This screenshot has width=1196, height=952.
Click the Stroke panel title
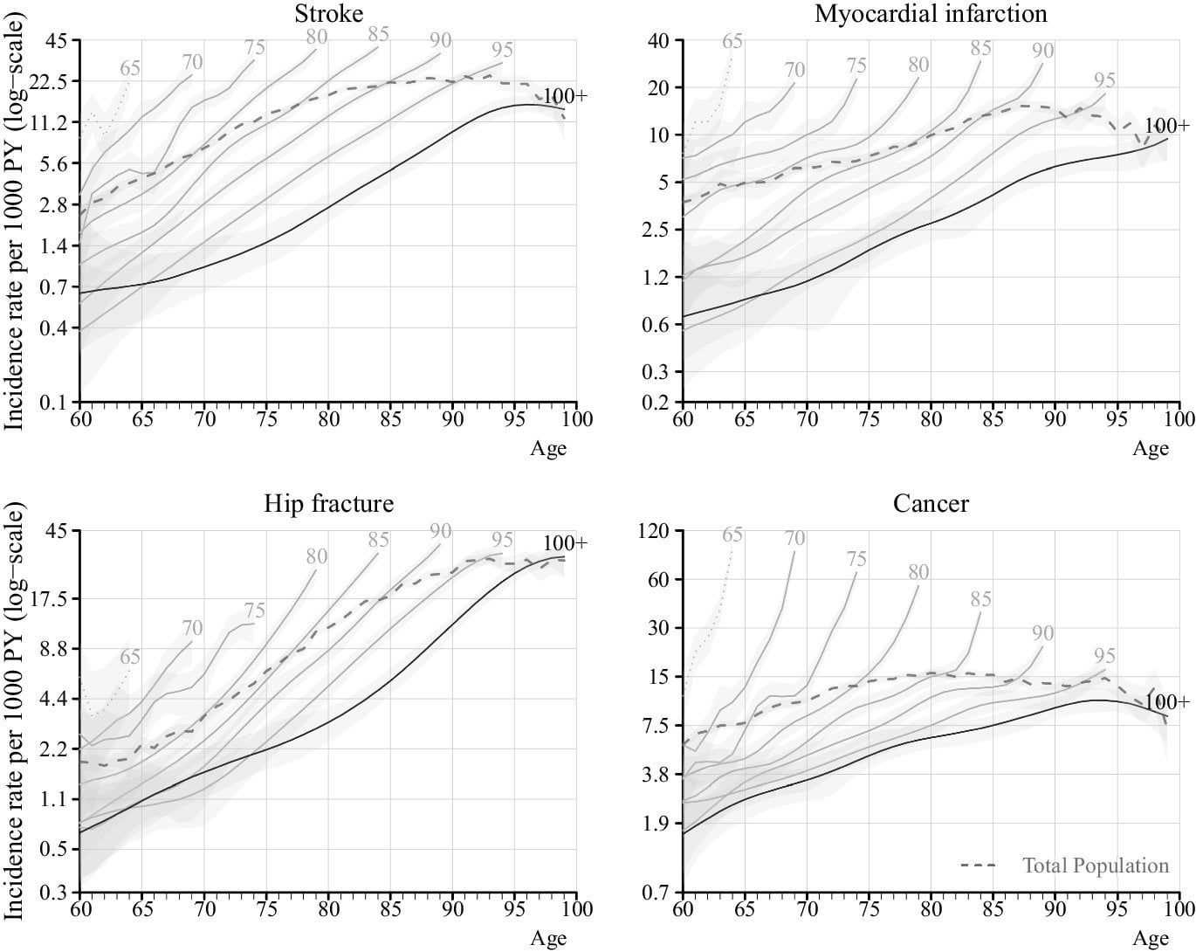click(328, 13)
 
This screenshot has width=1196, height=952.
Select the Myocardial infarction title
click(931, 13)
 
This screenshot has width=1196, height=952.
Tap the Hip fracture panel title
click(328, 504)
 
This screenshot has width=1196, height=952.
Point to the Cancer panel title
click(931, 504)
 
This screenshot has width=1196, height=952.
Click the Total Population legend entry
click(1095, 866)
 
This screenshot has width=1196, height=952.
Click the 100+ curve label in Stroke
click(565, 97)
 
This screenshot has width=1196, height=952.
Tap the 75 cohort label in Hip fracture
click(254, 611)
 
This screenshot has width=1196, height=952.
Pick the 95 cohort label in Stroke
click(502, 49)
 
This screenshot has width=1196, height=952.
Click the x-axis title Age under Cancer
click(1151, 939)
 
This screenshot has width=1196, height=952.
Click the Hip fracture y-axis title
click(16, 712)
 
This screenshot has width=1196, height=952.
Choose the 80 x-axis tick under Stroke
click(328, 419)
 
